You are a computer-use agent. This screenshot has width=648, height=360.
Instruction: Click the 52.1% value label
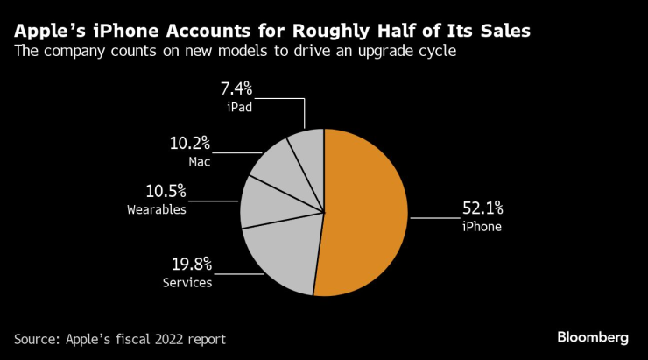pyautogui.click(x=482, y=208)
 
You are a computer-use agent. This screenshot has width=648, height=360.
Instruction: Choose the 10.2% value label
pyautogui.click(x=190, y=143)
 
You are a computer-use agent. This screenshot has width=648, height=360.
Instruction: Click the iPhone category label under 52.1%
pyautogui.click(x=482, y=227)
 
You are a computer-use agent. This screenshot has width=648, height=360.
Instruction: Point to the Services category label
pyautogui.click(x=187, y=282)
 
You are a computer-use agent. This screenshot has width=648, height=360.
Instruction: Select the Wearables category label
pyautogui.click(x=157, y=209)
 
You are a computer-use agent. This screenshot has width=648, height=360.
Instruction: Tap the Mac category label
pyautogui.click(x=199, y=161)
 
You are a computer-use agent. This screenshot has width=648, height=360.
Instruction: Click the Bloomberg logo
pyautogui.click(x=593, y=338)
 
